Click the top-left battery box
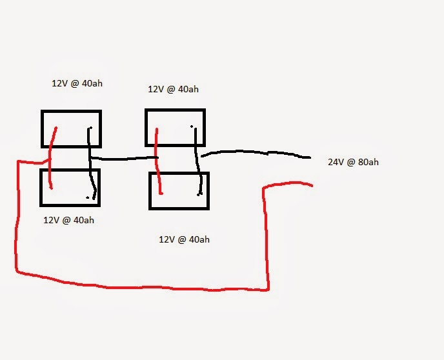(x=71, y=129)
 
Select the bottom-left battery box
(x=70, y=188)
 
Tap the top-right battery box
(x=175, y=128)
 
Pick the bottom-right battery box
(x=179, y=191)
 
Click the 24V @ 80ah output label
(x=353, y=162)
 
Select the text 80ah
(x=368, y=162)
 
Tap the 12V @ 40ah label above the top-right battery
(x=173, y=89)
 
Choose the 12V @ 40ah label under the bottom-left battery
(x=69, y=219)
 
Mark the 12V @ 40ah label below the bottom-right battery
(x=184, y=239)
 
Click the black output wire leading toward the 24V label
(x=258, y=154)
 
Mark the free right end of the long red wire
(x=312, y=186)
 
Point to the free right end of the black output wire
(x=310, y=157)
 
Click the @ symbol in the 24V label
(x=352, y=162)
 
